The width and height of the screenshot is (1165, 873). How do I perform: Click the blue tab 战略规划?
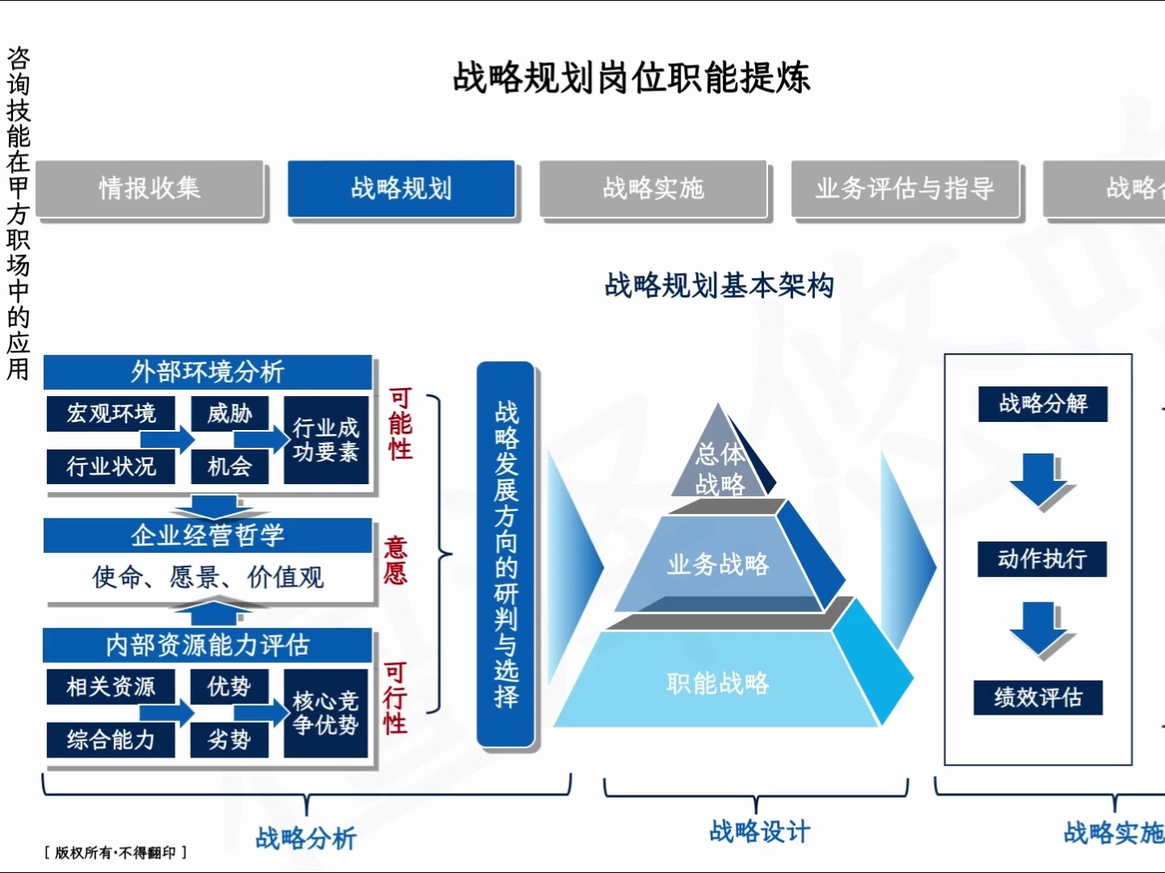point(401,188)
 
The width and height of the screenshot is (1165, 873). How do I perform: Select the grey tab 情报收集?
point(150,188)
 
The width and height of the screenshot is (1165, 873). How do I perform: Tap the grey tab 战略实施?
point(652,188)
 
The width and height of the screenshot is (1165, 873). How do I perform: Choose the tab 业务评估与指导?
point(905,188)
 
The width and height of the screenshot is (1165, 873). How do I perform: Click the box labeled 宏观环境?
point(111,414)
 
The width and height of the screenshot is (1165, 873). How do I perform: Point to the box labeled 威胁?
point(230,414)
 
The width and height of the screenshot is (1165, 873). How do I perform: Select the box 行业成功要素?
point(326,440)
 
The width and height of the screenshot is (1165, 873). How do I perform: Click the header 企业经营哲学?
point(208,535)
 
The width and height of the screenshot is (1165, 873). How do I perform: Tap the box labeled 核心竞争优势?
point(326,713)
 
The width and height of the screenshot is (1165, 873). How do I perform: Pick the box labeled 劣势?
point(230,740)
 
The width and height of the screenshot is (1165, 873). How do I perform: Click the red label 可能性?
point(400,424)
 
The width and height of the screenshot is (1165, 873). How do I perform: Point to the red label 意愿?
point(395,560)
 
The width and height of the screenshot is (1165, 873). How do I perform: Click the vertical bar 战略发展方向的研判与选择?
point(506,555)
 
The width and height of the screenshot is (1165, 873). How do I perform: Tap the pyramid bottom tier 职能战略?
point(718,683)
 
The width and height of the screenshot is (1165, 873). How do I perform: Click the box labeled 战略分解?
point(1042,403)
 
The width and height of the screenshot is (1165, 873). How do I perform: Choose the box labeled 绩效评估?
point(1038,697)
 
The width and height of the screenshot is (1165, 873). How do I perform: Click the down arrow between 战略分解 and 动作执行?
point(1040,480)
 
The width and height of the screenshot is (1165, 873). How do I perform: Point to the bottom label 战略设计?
point(759,832)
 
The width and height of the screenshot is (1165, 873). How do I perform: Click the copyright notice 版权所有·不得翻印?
point(116,853)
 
